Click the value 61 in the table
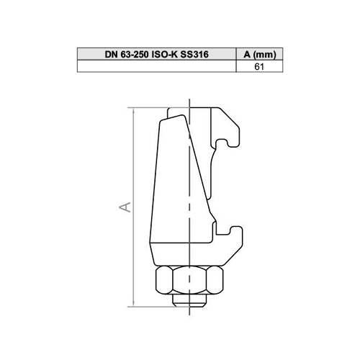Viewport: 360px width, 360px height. coord(259,66)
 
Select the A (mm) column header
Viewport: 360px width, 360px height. coord(260,54)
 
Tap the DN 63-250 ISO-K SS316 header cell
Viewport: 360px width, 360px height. coord(157,54)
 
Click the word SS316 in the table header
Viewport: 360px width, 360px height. coord(194,55)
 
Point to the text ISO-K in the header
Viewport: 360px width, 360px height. coord(165,55)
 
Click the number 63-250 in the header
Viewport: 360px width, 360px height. coord(135,55)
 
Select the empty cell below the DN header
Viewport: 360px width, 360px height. coord(157,66)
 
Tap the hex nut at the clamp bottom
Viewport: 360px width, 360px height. coord(189,280)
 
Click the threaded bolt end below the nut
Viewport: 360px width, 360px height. coord(189,300)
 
